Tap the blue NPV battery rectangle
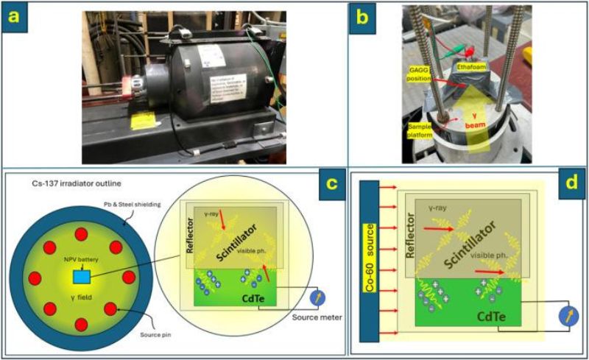click(x=82, y=275)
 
